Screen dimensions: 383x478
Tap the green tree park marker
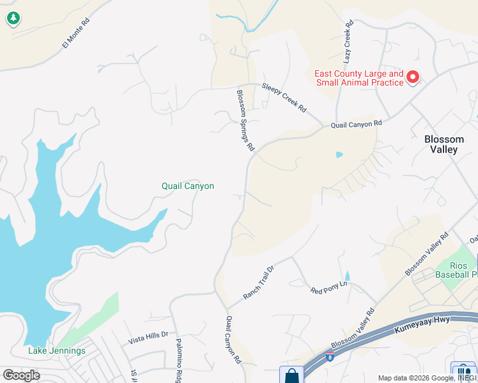point(13,19)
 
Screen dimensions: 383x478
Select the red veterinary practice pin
point(413,78)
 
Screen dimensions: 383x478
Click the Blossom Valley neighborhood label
point(444,144)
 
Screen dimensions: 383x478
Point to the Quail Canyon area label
point(187,186)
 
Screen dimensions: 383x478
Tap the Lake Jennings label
point(57,350)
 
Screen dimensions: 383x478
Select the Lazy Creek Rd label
point(348,42)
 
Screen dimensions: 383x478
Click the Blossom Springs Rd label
point(245,119)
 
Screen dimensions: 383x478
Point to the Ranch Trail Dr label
point(258,282)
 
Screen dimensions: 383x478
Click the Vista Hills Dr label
point(148,334)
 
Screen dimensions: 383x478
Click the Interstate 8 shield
point(330,355)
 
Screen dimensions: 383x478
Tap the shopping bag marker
point(291,375)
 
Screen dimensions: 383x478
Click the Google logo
point(22,375)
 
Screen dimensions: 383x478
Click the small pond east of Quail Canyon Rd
point(339,154)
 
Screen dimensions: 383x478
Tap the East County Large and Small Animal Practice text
point(359,78)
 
